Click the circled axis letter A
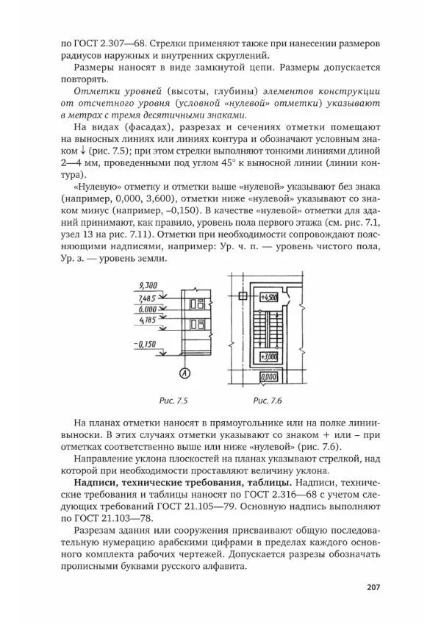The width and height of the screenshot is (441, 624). pyautogui.click(x=184, y=374)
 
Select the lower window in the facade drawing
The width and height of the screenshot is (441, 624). pyautogui.click(x=197, y=324)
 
